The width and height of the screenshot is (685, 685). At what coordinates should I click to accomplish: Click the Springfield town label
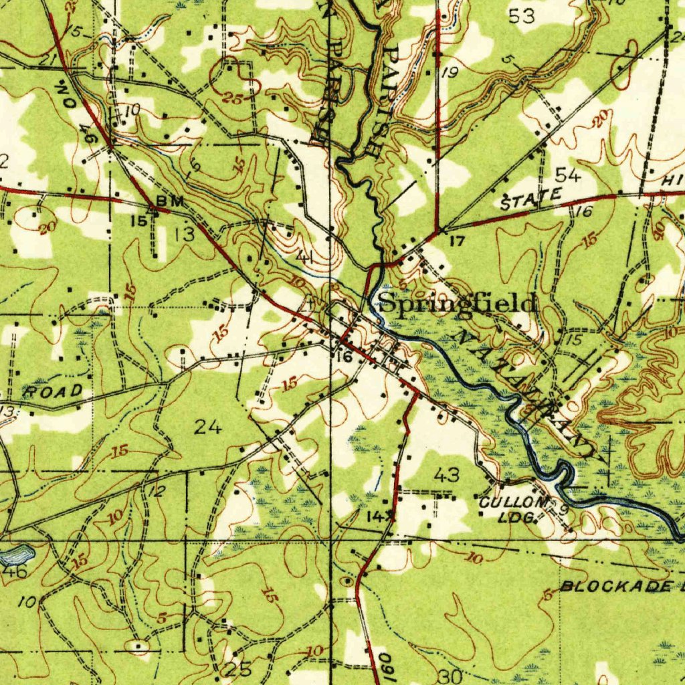[x=458, y=303]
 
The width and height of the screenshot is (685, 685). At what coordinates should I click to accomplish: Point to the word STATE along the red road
[x=530, y=199]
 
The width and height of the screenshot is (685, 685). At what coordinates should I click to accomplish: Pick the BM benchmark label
[x=165, y=201]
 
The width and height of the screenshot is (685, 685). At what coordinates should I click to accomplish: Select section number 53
[x=522, y=17]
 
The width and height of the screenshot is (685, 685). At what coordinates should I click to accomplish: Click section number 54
[x=568, y=176]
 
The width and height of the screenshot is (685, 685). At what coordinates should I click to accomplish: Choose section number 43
[x=446, y=475]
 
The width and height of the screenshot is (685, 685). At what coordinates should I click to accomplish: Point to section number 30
[x=451, y=676]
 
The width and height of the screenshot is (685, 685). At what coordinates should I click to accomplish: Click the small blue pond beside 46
[x=18, y=554]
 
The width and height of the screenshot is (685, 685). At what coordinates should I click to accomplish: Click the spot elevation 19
[x=449, y=73]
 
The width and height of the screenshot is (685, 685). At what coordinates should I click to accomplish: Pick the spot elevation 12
[x=156, y=492]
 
